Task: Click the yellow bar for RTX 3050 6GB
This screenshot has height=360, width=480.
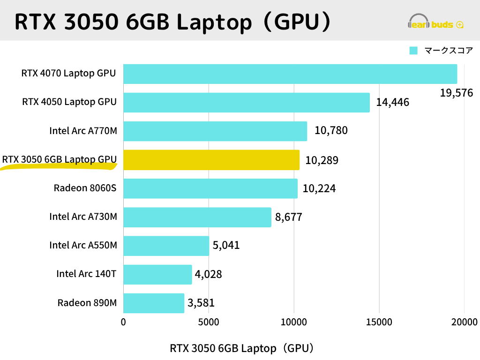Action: click(211, 160)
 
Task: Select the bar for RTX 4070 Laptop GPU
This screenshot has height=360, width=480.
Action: click(290, 74)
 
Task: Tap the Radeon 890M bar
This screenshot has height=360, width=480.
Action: click(154, 303)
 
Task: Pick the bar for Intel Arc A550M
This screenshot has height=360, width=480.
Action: click(166, 246)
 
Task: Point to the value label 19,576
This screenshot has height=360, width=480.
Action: click(456, 93)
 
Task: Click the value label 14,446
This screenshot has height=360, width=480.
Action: click(392, 102)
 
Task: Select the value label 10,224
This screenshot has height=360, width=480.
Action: click(319, 189)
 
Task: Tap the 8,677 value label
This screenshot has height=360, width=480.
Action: click(289, 217)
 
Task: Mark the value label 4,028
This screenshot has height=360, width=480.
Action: click(209, 274)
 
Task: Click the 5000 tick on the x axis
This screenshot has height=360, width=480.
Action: click(209, 322)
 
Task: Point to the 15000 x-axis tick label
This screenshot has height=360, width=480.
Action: click(379, 322)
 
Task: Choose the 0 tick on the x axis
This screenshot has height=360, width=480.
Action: click(123, 322)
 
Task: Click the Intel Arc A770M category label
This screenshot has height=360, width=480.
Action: click(83, 131)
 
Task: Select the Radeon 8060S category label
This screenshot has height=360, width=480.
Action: click(85, 188)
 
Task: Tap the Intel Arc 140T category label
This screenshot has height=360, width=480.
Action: click(86, 274)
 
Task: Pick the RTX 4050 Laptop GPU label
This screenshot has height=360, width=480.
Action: click(69, 102)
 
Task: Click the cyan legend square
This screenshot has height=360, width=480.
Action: click(413, 51)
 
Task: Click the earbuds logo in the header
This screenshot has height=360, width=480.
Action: click(436, 22)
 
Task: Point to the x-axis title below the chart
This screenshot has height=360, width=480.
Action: click(241, 348)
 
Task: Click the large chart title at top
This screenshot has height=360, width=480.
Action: click(173, 21)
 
